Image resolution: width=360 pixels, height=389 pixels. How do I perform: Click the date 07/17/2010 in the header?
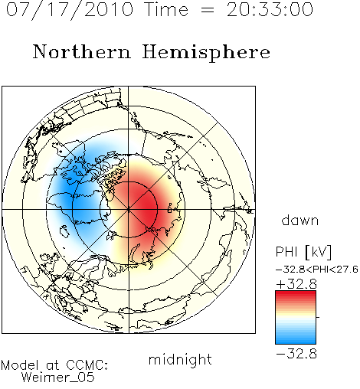tap(70, 10)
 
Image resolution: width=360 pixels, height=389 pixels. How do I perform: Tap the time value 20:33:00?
tap(270, 10)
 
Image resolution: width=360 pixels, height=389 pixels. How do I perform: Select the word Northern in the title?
tap(82, 51)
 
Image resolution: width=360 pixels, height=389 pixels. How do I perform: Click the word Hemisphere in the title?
tap(206, 52)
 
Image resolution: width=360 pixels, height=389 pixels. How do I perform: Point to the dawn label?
tap(300, 220)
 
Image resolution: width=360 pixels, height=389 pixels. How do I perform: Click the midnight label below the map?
tap(180, 360)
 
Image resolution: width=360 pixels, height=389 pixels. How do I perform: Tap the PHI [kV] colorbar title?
tap(304, 252)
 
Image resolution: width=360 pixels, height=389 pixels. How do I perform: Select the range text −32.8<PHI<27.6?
tap(317, 270)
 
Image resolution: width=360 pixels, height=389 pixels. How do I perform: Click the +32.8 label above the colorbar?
tap(296, 284)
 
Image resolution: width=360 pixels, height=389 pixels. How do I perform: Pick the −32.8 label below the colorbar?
tap(296, 354)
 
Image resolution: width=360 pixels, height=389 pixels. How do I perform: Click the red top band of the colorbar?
tap(296, 296)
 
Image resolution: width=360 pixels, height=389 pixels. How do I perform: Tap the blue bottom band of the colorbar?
tap(296, 339)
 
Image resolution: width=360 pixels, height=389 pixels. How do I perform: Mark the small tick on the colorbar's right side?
tap(318, 317)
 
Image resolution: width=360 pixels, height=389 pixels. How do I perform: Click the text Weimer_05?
tap(58, 378)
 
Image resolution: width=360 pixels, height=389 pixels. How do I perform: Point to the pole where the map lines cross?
tap(129, 210)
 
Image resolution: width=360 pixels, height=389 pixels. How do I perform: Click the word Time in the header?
tap(166, 10)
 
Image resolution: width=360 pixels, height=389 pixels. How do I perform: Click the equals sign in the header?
tap(208, 10)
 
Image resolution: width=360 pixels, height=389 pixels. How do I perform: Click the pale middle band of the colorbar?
tap(296, 318)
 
